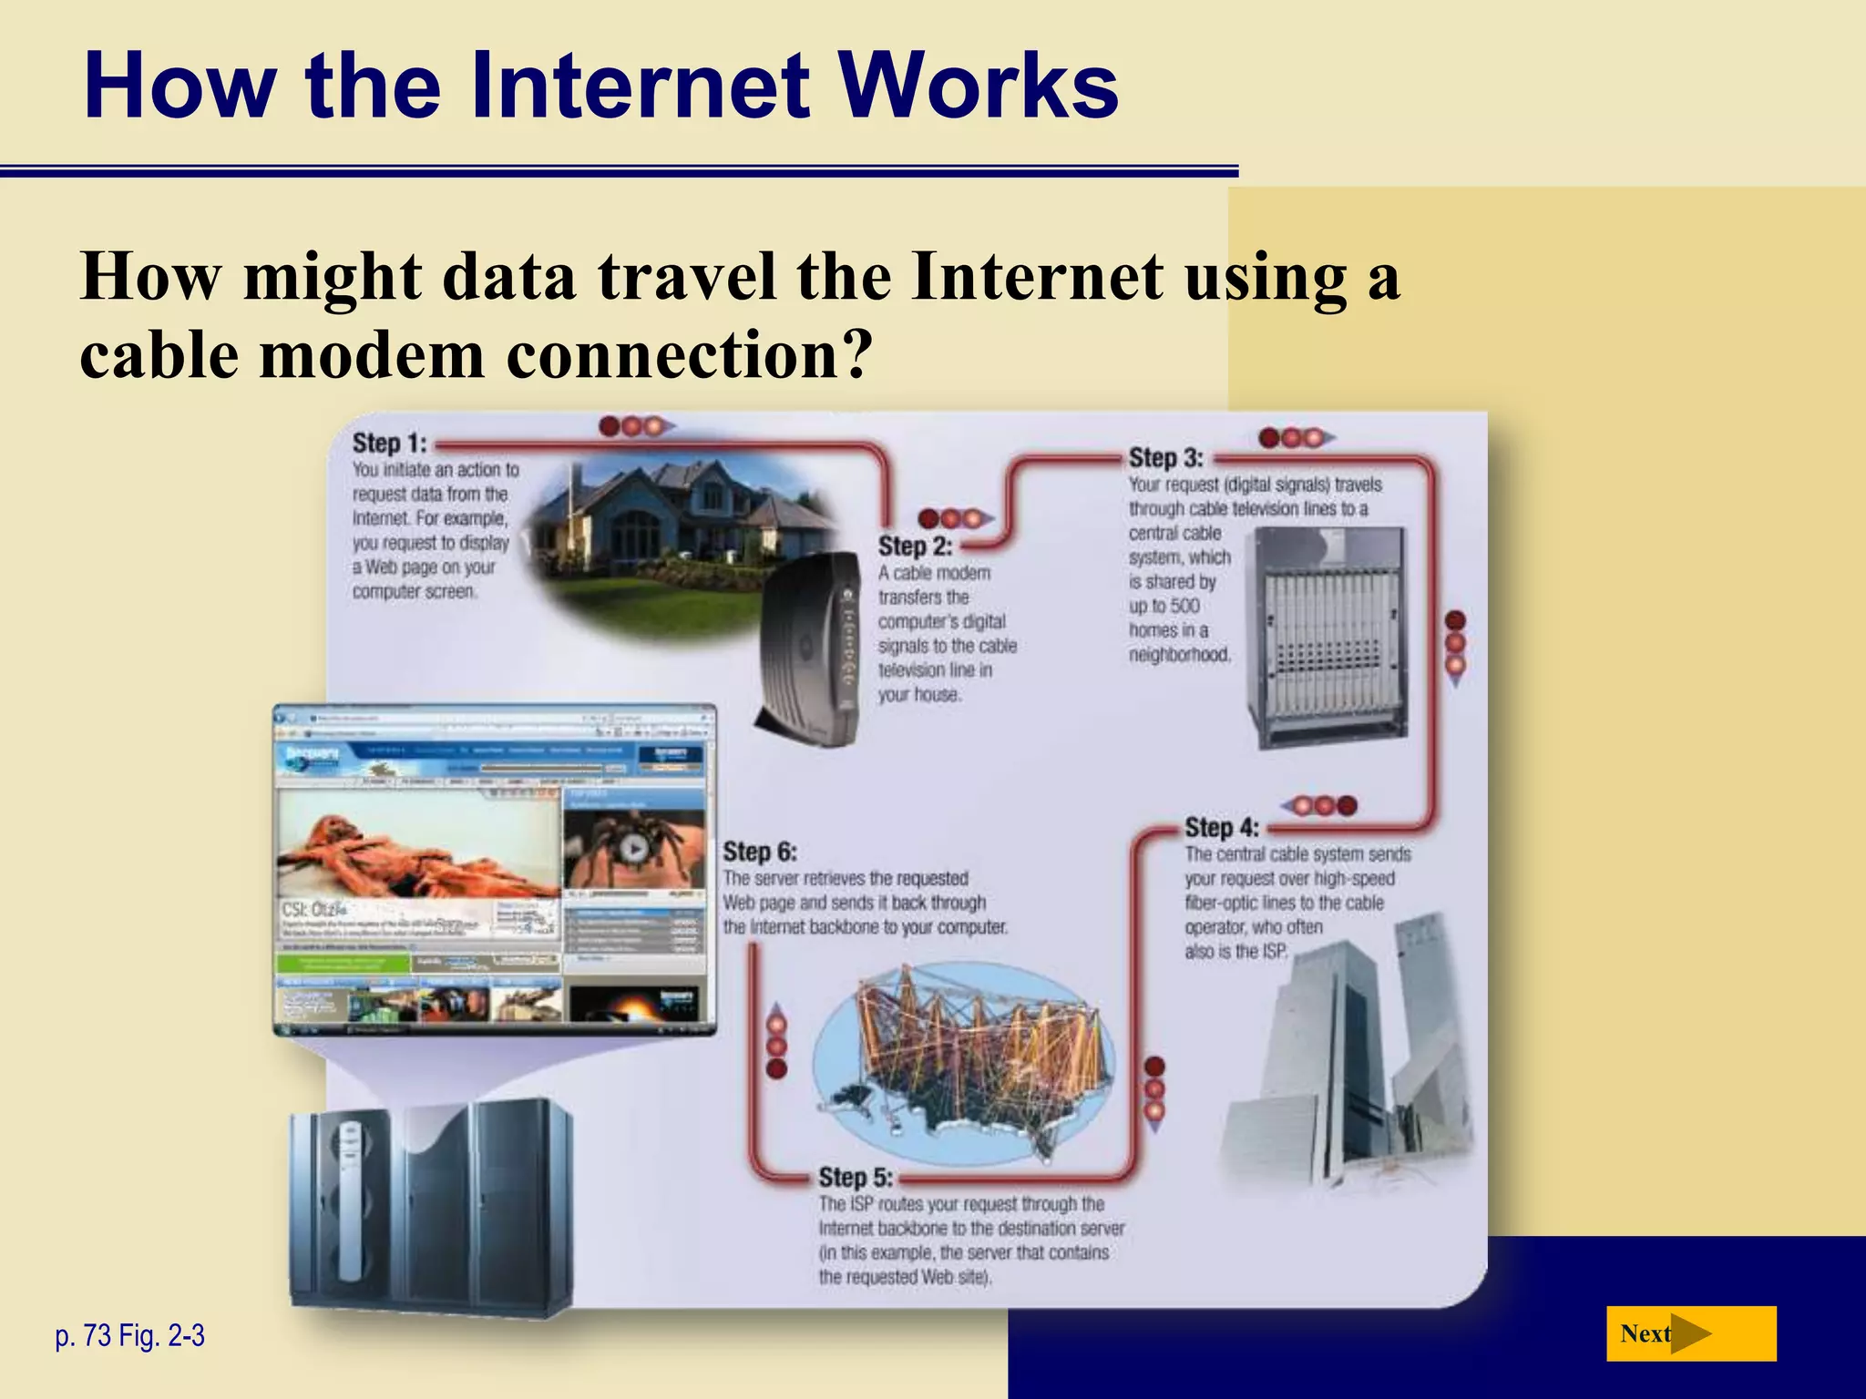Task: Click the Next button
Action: coord(1690,1333)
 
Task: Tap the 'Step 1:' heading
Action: coord(390,444)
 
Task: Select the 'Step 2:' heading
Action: coord(915,546)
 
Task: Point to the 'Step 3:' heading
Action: coord(1165,458)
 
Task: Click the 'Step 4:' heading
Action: coord(1221,828)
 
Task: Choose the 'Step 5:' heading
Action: coord(855,1178)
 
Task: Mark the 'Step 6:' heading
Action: coord(759,853)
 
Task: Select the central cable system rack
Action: coord(1327,638)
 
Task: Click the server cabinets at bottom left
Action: coord(433,1211)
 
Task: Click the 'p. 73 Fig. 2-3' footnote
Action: coord(130,1336)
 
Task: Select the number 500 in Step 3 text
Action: coord(1184,607)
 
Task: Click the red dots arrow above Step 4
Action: coord(1319,806)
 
